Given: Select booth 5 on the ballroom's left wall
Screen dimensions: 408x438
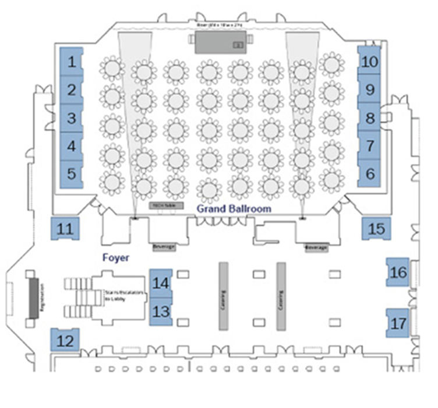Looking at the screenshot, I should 71,173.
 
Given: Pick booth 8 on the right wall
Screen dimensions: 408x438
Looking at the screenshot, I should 369,118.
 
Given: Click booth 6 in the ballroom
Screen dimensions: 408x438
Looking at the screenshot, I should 369,173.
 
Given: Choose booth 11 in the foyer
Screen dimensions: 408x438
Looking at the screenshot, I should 65,229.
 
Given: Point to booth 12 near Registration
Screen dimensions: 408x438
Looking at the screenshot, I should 65,340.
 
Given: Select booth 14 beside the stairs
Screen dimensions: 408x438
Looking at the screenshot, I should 161,283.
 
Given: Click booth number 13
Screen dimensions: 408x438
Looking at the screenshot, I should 161,311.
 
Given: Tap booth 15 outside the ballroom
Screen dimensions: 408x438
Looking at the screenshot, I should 376,229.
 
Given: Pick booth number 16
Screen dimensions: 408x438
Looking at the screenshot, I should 398,272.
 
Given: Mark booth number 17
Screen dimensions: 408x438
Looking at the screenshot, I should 398,323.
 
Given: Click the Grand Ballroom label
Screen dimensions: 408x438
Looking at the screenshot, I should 234,208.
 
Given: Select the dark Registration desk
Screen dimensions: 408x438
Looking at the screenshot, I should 34,297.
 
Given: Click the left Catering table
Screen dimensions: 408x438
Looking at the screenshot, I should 222,295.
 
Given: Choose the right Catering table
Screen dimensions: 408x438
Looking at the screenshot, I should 280,295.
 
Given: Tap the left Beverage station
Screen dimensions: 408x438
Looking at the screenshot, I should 164,247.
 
